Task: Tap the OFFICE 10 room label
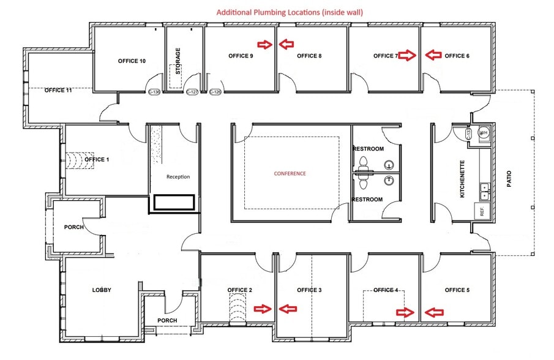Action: [x=132, y=61]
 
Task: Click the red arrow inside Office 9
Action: [x=264, y=44]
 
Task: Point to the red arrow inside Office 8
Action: [x=286, y=44]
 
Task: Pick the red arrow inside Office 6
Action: [x=433, y=55]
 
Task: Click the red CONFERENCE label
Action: [x=290, y=173]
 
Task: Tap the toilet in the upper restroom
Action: [x=363, y=163]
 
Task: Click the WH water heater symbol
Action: [x=484, y=132]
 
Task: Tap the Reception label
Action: [x=178, y=177]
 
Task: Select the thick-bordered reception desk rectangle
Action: [x=174, y=203]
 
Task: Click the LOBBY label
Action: [x=102, y=290]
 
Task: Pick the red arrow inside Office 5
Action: [x=433, y=312]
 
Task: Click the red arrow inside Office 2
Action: [x=264, y=309]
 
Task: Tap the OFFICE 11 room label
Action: [x=58, y=90]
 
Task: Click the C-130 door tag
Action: [x=154, y=92]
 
